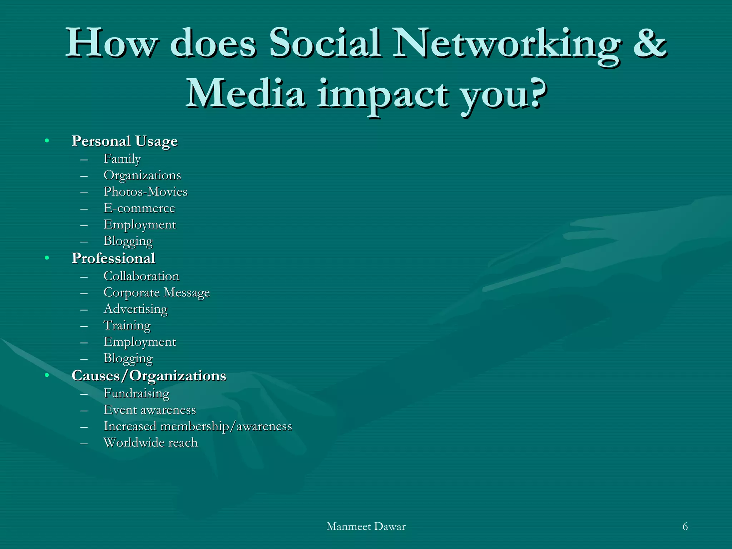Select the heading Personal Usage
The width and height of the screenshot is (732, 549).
124,141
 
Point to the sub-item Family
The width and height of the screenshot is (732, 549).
122,159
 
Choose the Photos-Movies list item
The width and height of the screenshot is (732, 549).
145,192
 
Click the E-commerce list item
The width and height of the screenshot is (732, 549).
139,208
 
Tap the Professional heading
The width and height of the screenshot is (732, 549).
113,258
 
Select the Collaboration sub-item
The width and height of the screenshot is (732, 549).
141,276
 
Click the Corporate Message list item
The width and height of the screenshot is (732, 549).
156,292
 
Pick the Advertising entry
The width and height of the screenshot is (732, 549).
135,309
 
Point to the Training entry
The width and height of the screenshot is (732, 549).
127,325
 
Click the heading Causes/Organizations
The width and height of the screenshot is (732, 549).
149,376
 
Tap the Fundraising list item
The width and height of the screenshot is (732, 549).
136,393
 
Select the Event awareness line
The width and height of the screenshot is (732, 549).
149,410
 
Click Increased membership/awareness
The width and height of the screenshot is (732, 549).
197,426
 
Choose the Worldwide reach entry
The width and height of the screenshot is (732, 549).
150,442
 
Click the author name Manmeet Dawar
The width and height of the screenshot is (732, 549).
366,526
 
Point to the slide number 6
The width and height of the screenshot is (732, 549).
685,526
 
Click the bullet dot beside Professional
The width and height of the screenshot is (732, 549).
47,258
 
